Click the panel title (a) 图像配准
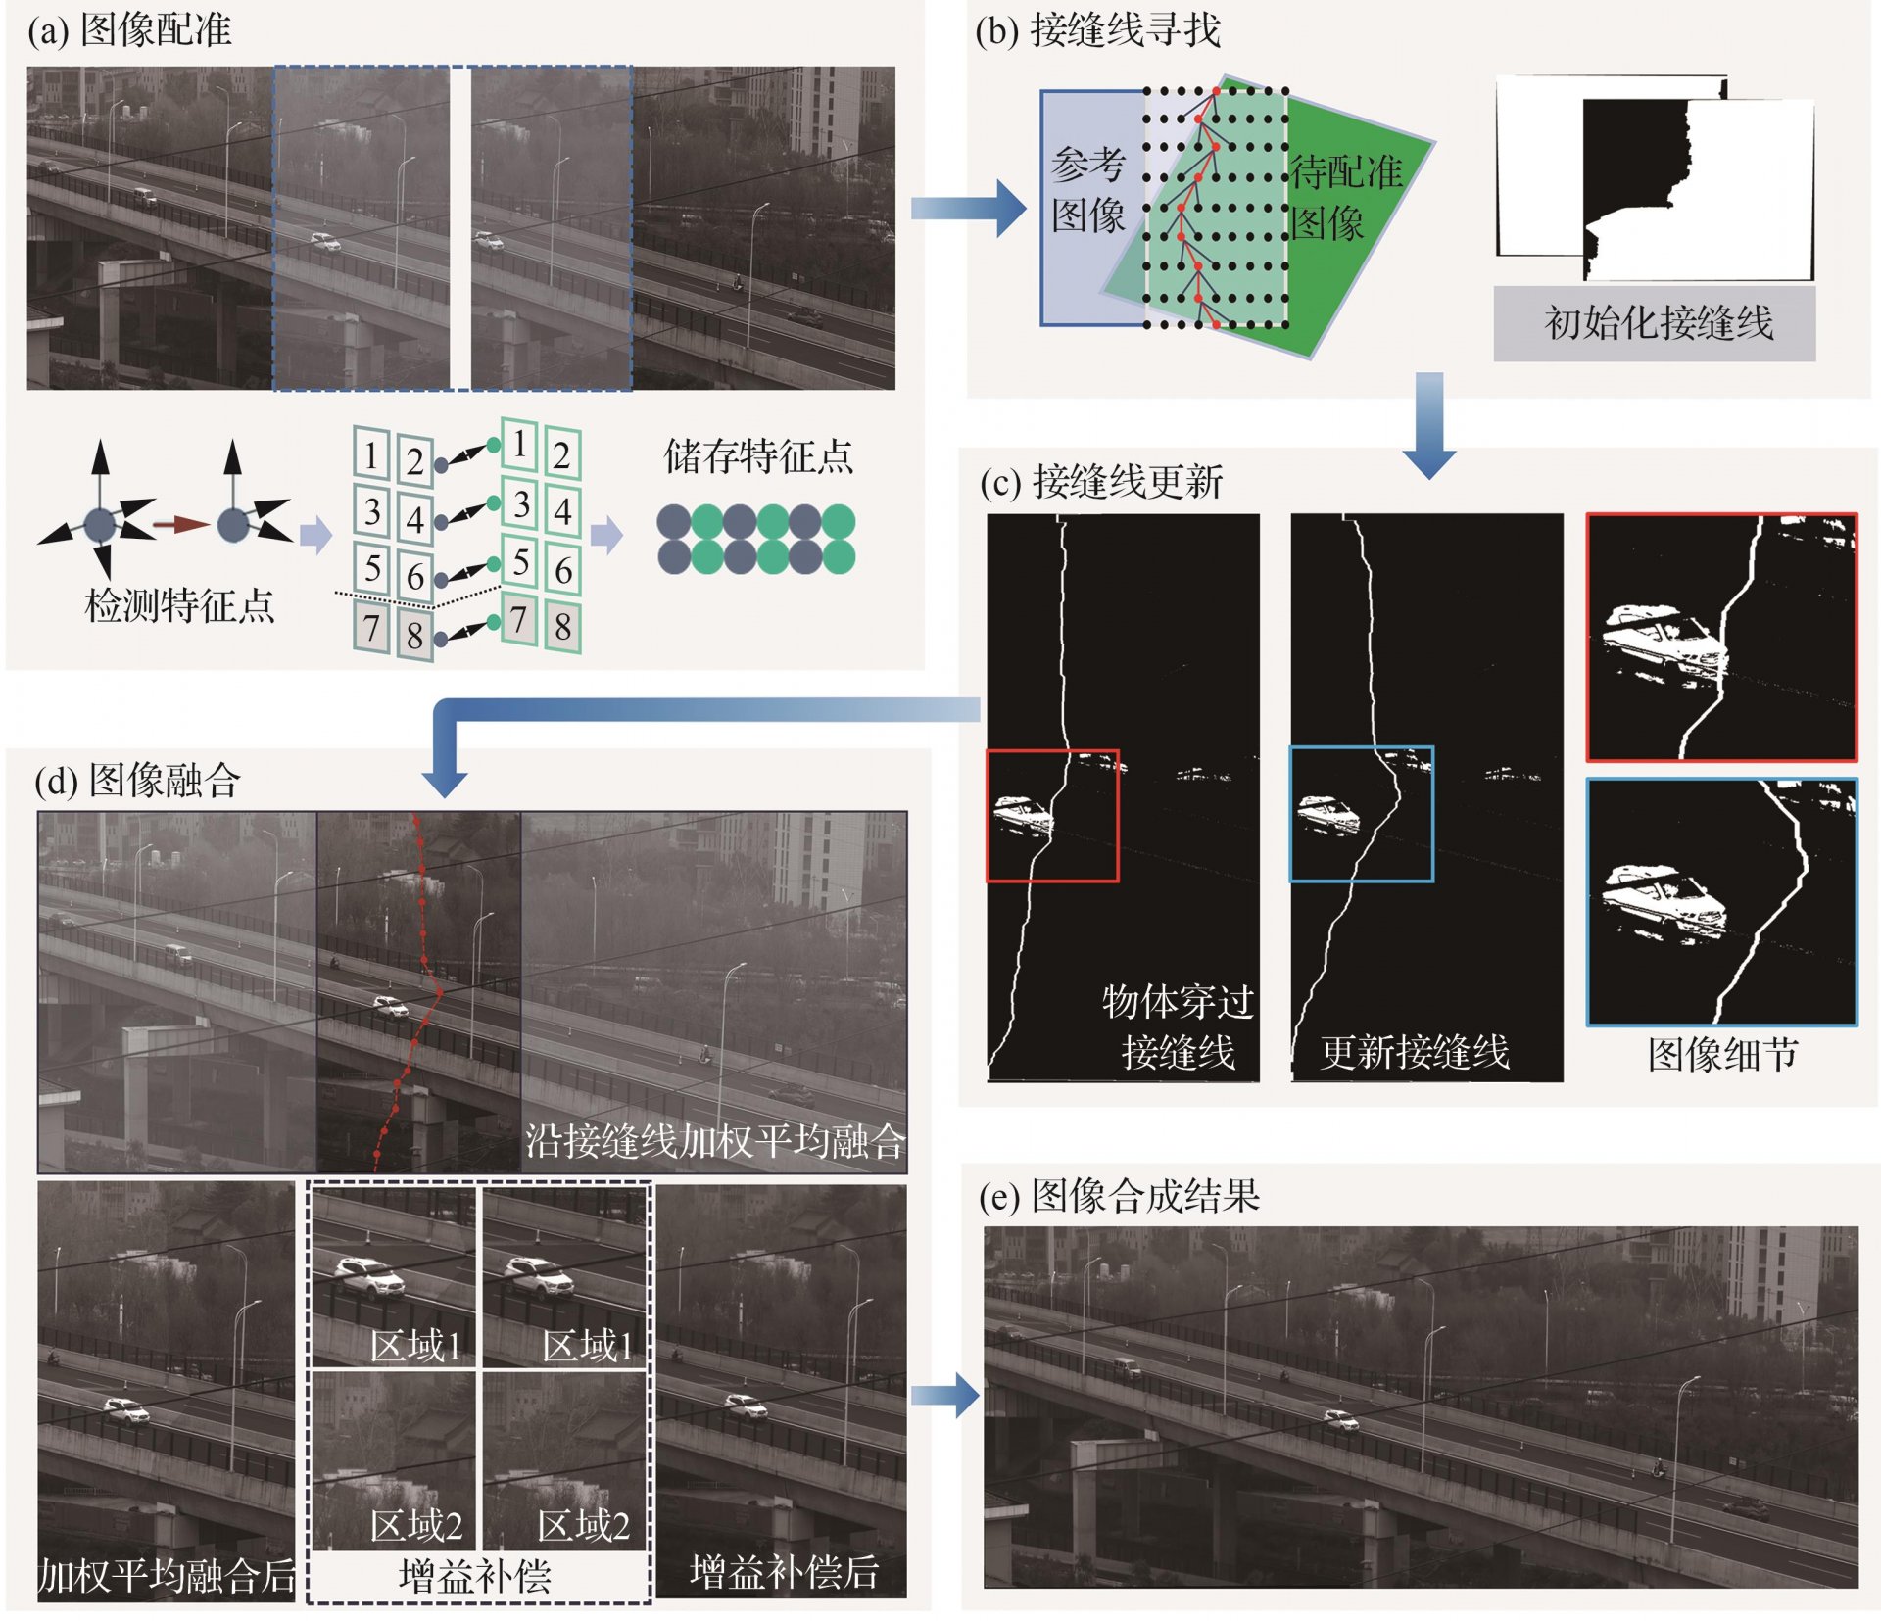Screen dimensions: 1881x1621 point(129,29)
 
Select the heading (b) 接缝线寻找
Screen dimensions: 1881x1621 point(1098,30)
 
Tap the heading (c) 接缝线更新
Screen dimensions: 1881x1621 point(1102,481)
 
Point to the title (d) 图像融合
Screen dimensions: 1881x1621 point(137,780)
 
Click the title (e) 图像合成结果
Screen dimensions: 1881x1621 point(1120,1195)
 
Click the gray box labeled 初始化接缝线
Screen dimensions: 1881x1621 point(1654,323)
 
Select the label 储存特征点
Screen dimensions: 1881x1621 point(758,456)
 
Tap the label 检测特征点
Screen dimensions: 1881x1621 point(179,605)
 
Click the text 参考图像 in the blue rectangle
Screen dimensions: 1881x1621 point(1087,190)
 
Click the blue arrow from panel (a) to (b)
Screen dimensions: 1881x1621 point(968,209)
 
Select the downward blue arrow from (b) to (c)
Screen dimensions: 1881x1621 point(1429,425)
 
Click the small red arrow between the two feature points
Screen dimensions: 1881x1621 point(180,525)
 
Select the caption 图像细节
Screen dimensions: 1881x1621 point(1722,1055)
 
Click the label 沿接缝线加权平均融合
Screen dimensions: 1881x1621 point(715,1141)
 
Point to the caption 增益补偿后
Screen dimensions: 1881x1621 point(784,1572)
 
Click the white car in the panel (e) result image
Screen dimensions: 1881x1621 point(1341,1419)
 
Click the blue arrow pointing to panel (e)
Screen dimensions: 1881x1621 point(945,1396)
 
